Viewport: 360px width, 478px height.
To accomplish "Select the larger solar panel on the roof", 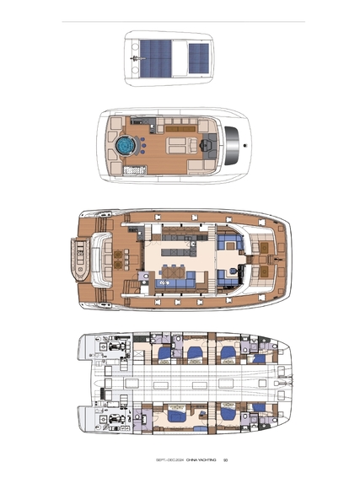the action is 155,58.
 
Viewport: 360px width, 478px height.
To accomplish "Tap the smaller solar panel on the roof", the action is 199,58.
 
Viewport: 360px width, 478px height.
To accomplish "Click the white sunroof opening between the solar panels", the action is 180,58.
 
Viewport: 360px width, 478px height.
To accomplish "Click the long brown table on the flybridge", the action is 180,129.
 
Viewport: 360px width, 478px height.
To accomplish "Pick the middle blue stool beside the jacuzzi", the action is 143,145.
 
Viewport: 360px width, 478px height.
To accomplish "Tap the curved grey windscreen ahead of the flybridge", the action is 232,145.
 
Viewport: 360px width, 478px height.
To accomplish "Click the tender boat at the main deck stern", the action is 80,259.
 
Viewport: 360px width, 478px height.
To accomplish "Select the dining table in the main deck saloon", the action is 173,271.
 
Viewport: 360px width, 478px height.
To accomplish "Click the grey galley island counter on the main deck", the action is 176,252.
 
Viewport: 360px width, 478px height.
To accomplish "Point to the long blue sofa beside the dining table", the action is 175,283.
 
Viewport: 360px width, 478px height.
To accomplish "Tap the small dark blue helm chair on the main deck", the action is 234,271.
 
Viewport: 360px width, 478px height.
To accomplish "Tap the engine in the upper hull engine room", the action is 116,346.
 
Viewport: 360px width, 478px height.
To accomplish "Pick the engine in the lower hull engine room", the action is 116,419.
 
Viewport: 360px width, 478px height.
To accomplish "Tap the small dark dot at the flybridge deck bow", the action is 244,145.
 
